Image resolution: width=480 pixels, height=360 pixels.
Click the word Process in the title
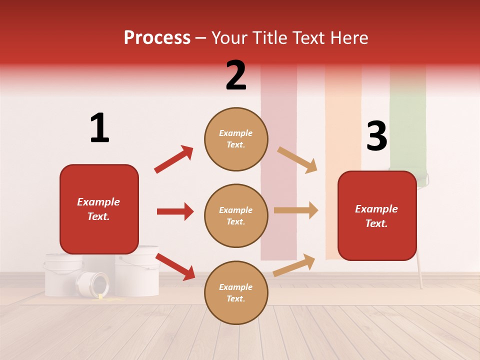157,37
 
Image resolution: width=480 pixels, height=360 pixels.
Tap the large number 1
99,128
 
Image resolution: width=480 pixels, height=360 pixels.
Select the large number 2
236,75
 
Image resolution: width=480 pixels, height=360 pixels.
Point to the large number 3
376,136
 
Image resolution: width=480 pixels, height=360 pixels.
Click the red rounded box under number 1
99,209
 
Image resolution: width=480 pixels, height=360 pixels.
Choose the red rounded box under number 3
377,216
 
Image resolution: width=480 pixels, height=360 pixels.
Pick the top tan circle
236,138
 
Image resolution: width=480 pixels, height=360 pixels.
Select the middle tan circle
236,215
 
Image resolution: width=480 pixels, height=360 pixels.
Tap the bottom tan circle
236,292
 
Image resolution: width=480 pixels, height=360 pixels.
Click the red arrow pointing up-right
173,159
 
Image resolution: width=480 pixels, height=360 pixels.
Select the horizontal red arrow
175,211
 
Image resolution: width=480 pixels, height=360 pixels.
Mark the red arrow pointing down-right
175,266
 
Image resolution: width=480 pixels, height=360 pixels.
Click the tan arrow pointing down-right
297,160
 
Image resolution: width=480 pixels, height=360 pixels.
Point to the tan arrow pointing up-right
294,265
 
